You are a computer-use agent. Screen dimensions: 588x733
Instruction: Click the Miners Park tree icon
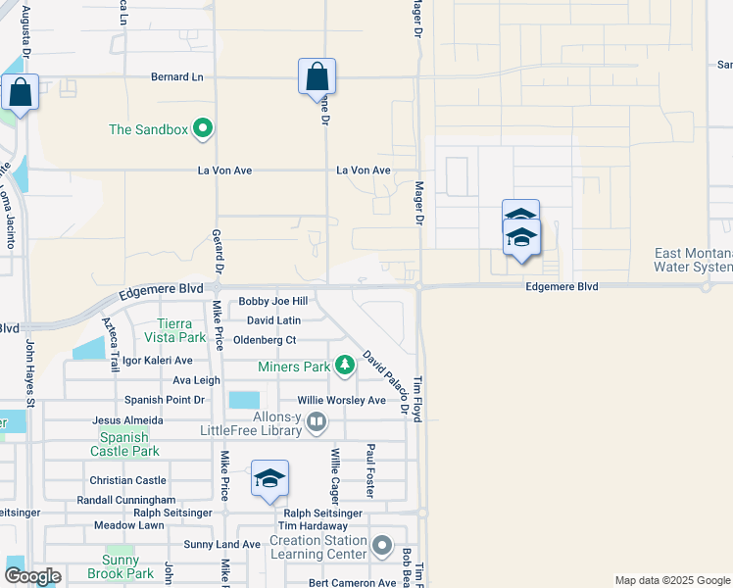point(344,367)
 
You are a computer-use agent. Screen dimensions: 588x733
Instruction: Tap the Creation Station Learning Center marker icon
point(382,545)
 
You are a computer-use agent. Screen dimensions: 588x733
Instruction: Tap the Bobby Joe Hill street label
point(272,302)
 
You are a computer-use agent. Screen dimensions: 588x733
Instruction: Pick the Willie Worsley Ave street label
point(341,400)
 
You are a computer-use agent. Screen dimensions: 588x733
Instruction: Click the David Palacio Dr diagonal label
point(385,382)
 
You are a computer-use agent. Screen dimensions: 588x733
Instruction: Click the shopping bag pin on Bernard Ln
point(317,76)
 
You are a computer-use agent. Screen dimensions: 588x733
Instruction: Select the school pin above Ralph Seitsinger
point(269,479)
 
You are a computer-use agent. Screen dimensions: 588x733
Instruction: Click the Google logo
point(31,576)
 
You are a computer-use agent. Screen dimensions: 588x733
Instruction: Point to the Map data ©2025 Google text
point(671,580)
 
